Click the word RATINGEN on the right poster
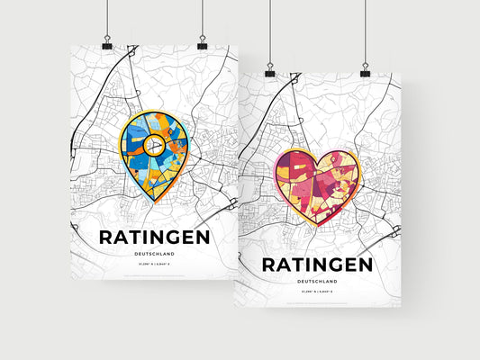click(316, 265)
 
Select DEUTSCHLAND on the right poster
click(316, 282)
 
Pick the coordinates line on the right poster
click(316, 292)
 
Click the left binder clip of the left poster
click(107, 44)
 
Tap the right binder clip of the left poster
click(203, 44)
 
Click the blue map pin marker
click(152, 154)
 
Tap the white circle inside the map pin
click(153, 143)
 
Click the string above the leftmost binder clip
click(107, 18)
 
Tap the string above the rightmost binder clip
click(366, 31)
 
